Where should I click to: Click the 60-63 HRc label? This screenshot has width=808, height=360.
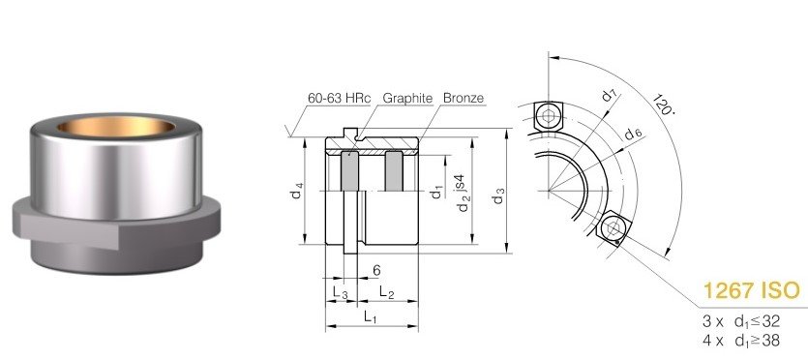[x=339, y=99]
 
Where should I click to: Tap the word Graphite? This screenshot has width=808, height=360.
[x=407, y=99]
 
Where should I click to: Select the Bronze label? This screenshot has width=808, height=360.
[x=464, y=99]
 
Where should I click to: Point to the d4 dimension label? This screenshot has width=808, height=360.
[x=296, y=193]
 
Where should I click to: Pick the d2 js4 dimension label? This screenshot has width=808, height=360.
[x=463, y=194]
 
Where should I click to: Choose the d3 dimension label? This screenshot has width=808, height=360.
[x=497, y=195]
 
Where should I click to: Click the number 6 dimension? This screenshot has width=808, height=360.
[x=376, y=270]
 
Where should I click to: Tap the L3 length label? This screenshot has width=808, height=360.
[x=340, y=292]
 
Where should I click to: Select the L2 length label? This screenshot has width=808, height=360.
[x=386, y=292]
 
